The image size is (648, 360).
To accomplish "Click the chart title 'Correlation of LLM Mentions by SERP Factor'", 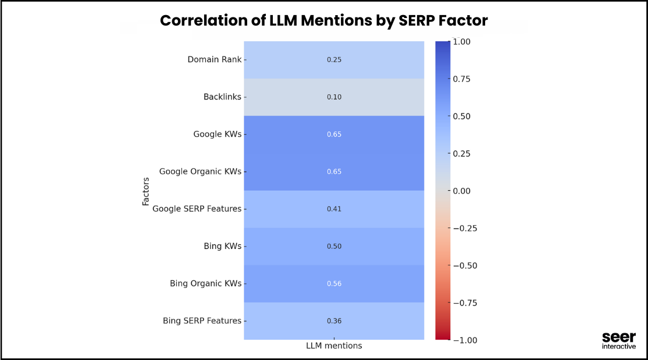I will point(323,21).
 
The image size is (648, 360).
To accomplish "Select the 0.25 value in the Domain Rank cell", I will point(334,60).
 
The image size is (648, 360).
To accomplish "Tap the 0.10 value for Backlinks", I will point(334,97).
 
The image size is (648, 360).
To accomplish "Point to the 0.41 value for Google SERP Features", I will point(334,209).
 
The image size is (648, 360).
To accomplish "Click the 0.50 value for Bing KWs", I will point(334,246).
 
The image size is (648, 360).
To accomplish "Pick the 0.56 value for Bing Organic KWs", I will point(334,284).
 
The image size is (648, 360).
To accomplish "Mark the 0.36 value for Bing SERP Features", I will point(334,321).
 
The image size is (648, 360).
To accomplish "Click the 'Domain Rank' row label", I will point(214,59).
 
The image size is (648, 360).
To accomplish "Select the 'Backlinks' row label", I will point(222,97).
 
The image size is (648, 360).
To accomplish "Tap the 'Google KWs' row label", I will point(217,134).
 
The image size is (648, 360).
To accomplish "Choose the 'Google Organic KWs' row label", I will point(200,172).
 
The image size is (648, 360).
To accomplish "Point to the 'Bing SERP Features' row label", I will point(202,320).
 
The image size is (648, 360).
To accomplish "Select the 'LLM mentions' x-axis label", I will point(334,346).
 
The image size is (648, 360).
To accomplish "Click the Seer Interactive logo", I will point(619,341).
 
